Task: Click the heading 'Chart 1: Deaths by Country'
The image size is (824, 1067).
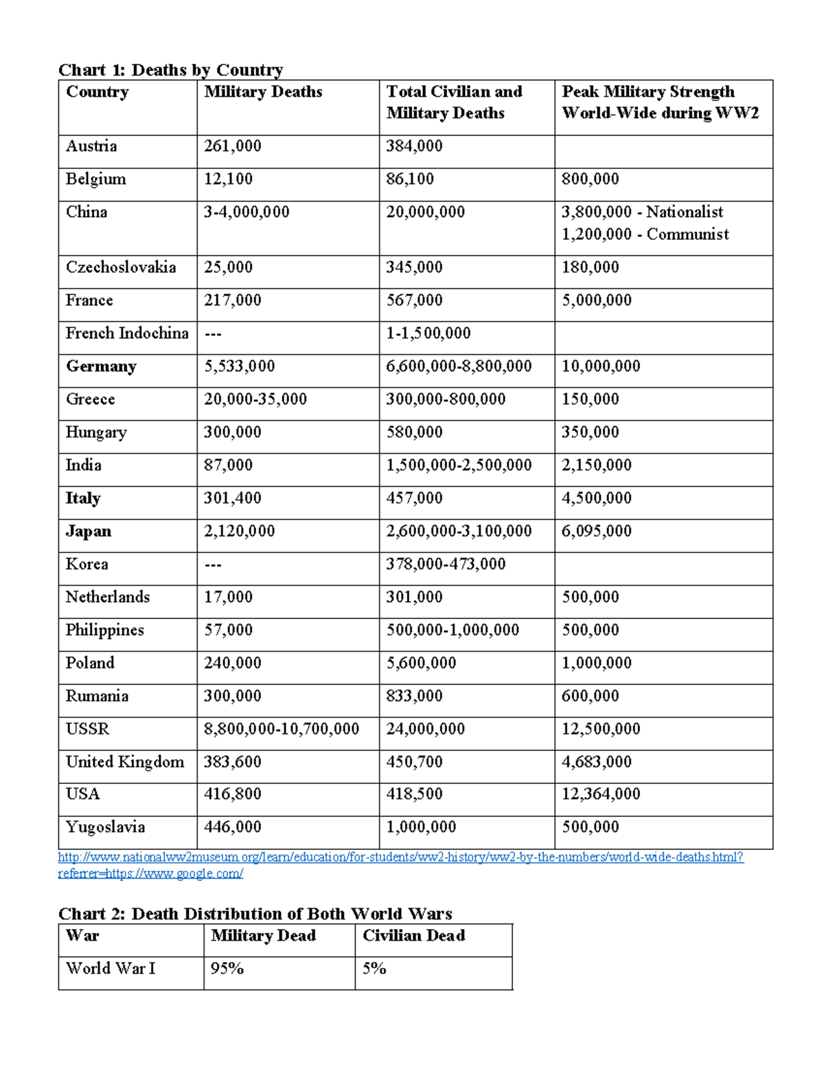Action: pos(170,70)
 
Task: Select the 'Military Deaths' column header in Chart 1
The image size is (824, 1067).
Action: pos(263,92)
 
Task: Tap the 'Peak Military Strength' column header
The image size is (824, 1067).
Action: pos(648,92)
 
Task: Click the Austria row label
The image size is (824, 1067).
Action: pos(91,146)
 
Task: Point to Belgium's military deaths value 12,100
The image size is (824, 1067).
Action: pos(228,179)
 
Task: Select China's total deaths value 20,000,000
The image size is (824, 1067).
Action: pos(425,212)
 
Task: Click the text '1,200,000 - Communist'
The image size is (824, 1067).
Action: pos(645,234)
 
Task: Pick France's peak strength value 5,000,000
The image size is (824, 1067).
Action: pos(596,300)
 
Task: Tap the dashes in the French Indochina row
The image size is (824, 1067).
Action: pos(213,334)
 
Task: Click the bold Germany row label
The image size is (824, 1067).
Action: pos(101,366)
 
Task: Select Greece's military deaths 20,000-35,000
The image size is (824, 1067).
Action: pos(255,399)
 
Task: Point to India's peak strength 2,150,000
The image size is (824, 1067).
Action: pos(596,465)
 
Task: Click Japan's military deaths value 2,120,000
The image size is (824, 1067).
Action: pos(239,531)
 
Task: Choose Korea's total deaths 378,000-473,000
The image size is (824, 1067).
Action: pos(445,564)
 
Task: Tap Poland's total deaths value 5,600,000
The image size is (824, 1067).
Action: pos(421,663)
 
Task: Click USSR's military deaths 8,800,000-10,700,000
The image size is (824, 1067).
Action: pos(281,729)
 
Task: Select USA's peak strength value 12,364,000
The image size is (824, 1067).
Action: pos(600,794)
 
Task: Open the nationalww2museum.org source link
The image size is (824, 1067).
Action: pos(400,857)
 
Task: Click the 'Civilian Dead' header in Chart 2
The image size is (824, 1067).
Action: pos(413,936)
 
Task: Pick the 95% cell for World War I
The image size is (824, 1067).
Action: pos(227,969)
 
